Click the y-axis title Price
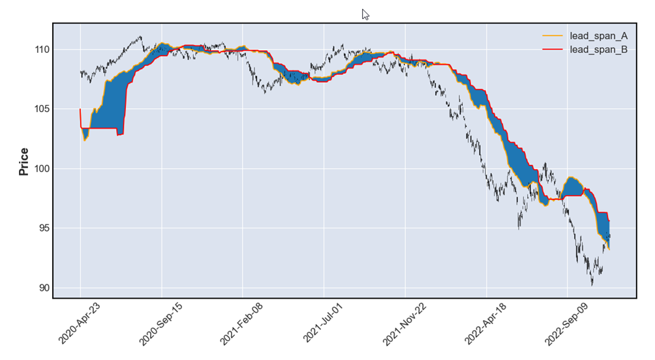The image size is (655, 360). point(24,162)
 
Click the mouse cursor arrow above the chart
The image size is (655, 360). point(365,14)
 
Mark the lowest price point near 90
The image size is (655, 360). point(592,284)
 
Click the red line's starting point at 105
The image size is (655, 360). point(80,109)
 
